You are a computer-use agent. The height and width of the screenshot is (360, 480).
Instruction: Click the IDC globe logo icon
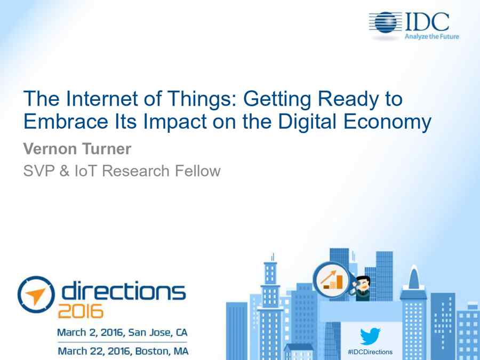[x=385, y=22]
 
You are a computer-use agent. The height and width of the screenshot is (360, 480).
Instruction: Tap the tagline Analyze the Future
[x=432, y=36]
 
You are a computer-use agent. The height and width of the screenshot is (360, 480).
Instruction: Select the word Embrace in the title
[x=66, y=121]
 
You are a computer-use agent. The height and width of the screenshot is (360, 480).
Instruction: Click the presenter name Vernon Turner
[x=77, y=149]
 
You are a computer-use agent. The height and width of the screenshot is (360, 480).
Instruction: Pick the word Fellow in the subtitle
[x=198, y=171]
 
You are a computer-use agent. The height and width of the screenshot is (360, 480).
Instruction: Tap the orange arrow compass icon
[x=36, y=294]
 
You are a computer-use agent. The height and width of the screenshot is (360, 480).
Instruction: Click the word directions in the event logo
[x=123, y=290]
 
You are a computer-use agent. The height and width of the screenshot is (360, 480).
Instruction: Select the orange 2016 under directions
[x=81, y=311]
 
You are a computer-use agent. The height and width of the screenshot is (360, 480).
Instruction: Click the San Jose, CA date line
[x=123, y=332]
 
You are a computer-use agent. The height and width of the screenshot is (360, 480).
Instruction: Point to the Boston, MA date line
[x=123, y=351]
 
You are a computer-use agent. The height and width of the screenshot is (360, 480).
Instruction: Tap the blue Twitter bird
[x=370, y=336]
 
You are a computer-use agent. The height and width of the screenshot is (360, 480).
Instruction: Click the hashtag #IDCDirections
[x=370, y=352]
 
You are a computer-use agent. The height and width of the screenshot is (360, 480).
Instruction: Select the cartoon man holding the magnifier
[x=362, y=288]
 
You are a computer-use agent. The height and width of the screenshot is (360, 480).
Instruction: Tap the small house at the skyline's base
[x=299, y=351]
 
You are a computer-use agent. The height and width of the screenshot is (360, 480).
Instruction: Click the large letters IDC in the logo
[x=427, y=22]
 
